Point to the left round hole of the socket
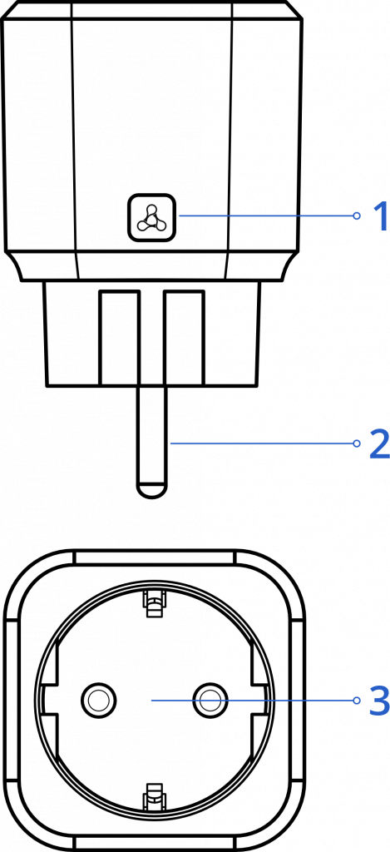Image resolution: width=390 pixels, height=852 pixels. click(99, 701)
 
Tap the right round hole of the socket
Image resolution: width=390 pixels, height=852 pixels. click(210, 701)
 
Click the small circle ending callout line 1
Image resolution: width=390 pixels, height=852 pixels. click(357, 215)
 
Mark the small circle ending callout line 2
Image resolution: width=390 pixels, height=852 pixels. click(357, 443)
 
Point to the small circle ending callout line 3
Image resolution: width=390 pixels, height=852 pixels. click(357, 701)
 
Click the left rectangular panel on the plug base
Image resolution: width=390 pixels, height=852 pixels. click(119, 338)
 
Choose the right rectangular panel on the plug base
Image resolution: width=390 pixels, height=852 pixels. click(185, 338)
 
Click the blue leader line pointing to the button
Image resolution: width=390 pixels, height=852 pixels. click(265, 215)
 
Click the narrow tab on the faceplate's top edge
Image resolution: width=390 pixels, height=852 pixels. click(155, 557)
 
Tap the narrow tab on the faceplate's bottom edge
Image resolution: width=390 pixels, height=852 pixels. click(155, 844)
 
